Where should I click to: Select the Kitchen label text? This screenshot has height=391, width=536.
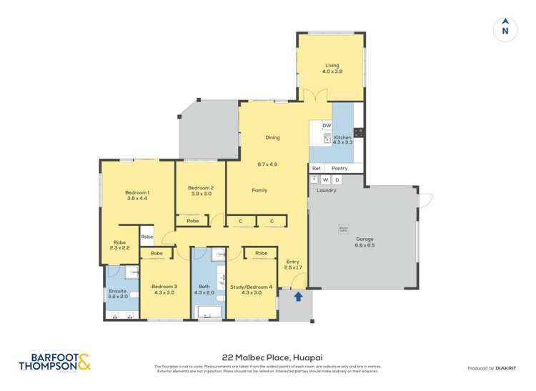[x=342, y=137]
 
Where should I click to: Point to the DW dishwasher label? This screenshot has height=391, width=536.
[x=326, y=126]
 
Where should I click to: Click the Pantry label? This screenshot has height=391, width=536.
[x=339, y=168]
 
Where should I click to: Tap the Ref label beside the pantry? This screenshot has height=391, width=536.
[x=316, y=168]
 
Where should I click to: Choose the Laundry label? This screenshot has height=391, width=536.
[x=326, y=190]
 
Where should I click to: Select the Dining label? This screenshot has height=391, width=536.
[x=272, y=137]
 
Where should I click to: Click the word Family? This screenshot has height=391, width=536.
[x=259, y=190]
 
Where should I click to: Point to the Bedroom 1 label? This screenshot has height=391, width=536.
[x=137, y=192]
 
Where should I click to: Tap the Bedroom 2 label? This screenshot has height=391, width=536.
[x=202, y=188]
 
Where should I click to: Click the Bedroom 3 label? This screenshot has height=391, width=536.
[x=164, y=286]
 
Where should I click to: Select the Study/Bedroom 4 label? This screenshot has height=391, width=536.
[x=252, y=286]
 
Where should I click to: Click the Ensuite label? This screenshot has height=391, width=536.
[x=117, y=292]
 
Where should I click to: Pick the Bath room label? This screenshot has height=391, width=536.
[x=205, y=286]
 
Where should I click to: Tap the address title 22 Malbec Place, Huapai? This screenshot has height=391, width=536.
[x=268, y=357]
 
